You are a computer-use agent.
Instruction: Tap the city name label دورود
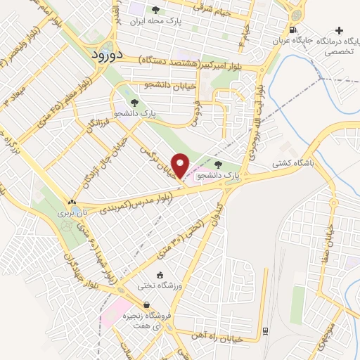pyautogui.click(x=109, y=53)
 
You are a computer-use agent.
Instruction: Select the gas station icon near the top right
pyautogui.click(x=292, y=30)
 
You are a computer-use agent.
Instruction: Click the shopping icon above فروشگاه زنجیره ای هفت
pyautogui.click(x=146, y=304)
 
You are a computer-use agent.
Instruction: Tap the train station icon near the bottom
pyautogui.click(x=264, y=330)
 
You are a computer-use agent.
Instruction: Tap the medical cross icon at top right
pyautogui.click(x=340, y=30)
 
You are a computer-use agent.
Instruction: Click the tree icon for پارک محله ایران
pyautogui.click(x=156, y=10)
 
